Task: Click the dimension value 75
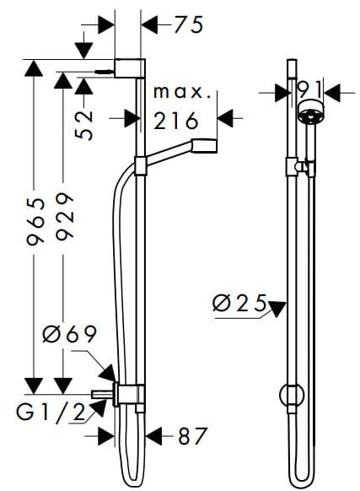tap(189, 25)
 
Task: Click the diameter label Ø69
tap(70, 335)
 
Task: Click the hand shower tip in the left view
tap(207, 145)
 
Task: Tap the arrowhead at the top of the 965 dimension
tap(35, 67)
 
